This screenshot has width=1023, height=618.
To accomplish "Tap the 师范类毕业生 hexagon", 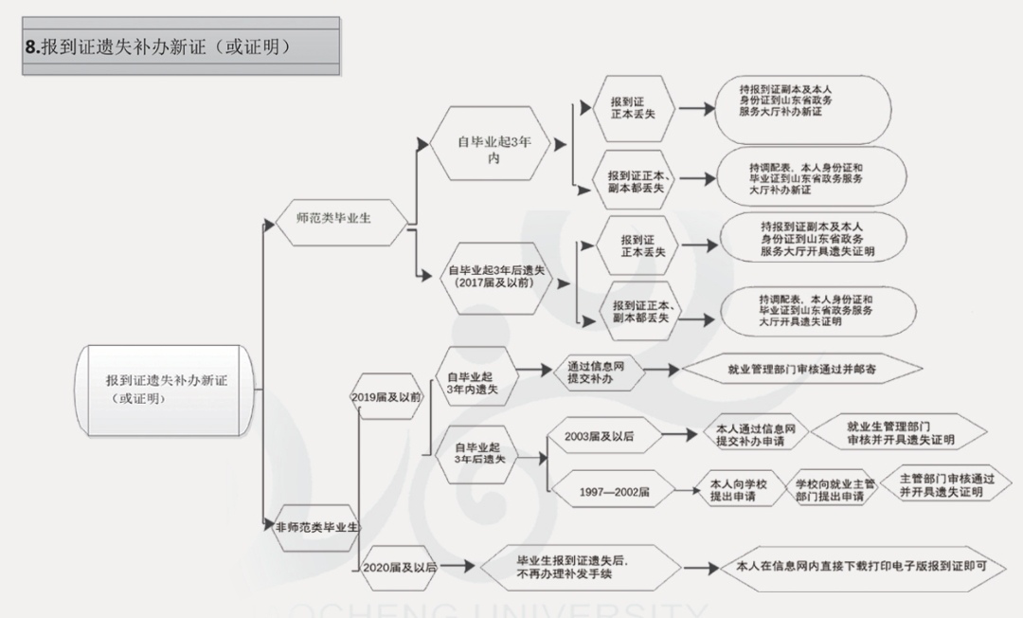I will [x=333, y=218].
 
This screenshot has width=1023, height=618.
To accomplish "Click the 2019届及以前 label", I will [x=386, y=396].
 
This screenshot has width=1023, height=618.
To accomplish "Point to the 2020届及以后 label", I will [x=399, y=567].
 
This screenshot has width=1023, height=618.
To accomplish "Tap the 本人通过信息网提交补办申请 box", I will [x=756, y=436].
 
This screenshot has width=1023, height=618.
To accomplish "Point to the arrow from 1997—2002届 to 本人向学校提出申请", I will [x=684, y=492].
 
